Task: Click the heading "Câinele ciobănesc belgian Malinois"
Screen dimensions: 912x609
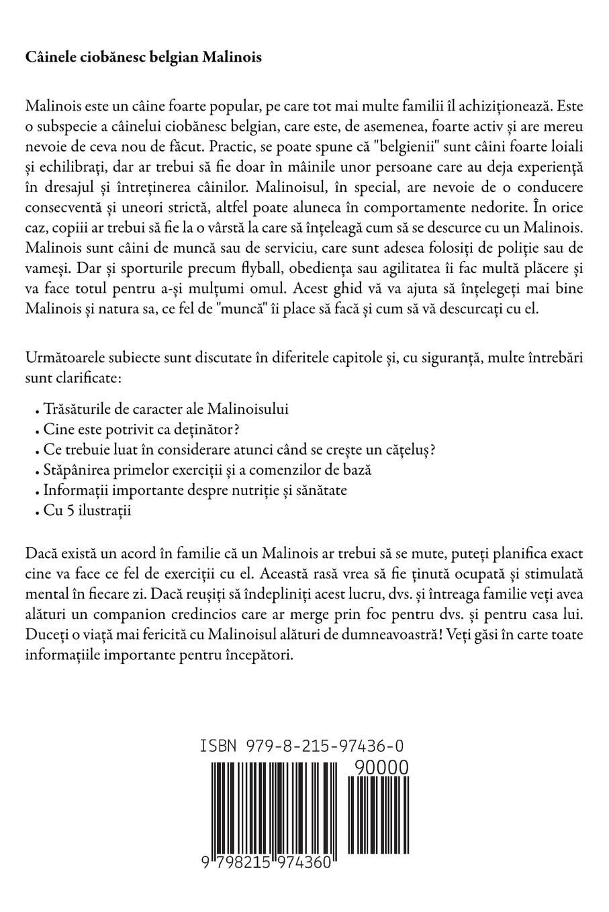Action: point(143,57)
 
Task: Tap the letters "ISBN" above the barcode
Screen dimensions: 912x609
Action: point(220,746)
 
